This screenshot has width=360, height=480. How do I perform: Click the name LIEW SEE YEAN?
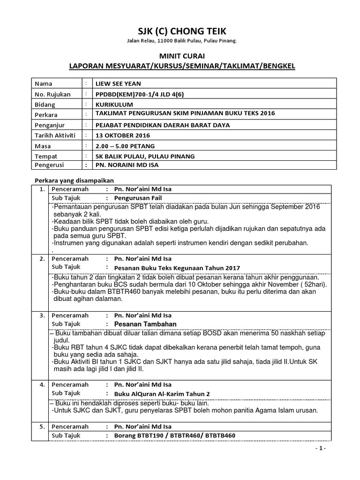tap(118, 84)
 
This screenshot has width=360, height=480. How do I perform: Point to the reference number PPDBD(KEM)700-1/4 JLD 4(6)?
tap(139, 94)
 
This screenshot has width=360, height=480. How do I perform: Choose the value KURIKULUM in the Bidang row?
tap(114, 104)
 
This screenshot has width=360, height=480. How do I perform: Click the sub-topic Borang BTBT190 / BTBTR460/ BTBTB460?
tap(171, 436)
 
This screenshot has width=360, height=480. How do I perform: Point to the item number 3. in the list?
tap(42, 315)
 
